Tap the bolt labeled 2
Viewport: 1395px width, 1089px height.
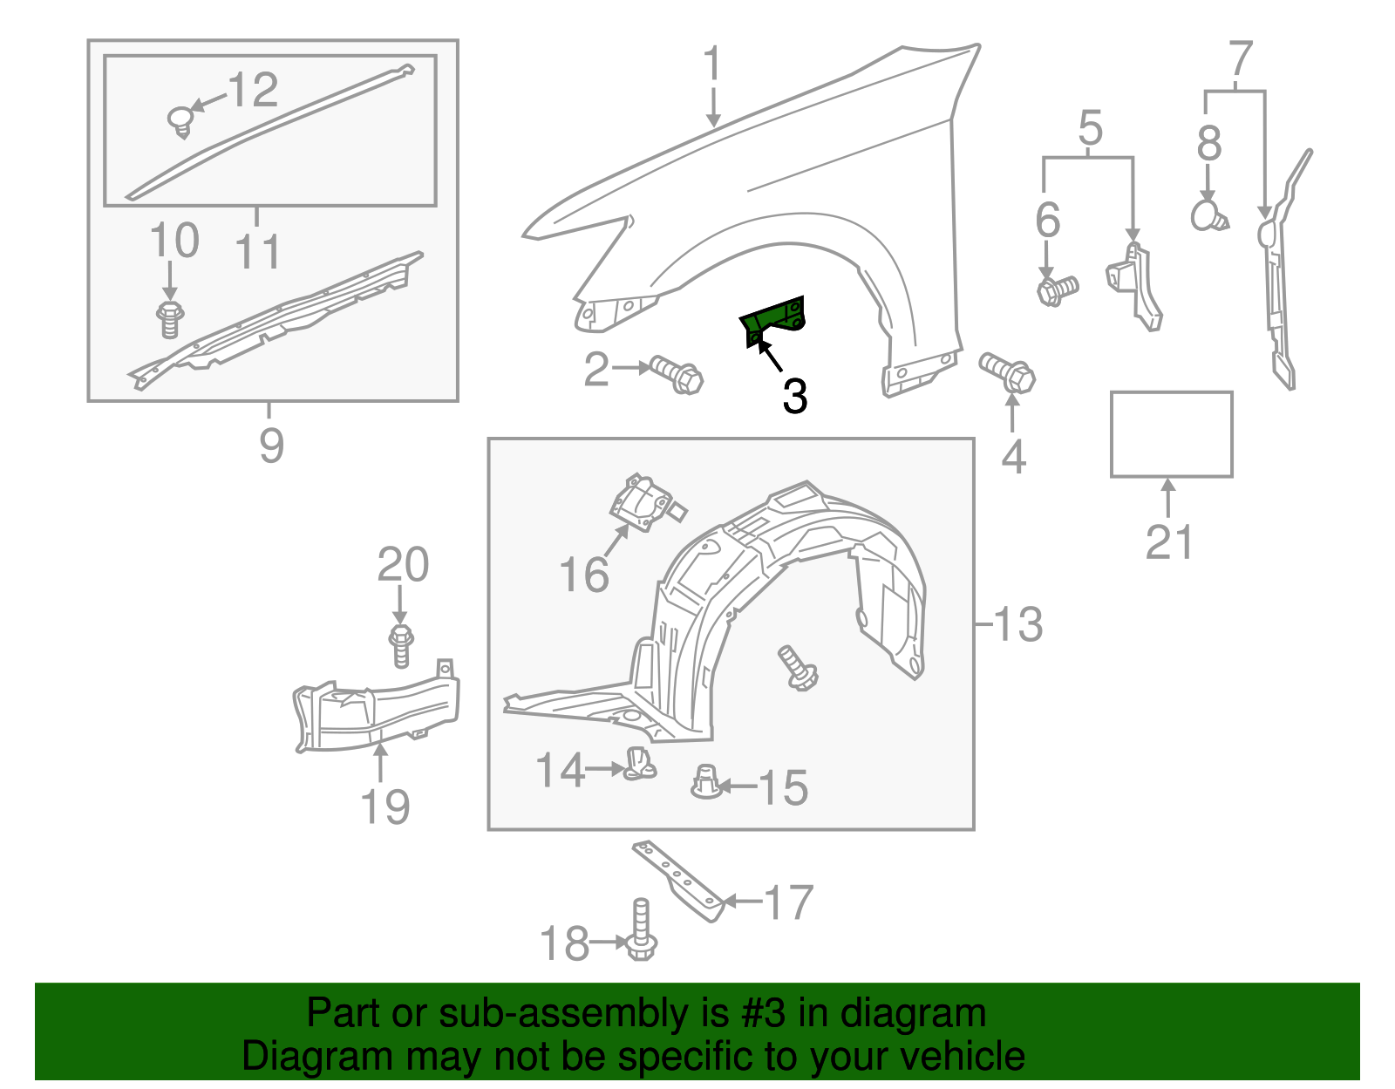point(677,374)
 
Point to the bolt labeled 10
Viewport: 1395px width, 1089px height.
point(169,318)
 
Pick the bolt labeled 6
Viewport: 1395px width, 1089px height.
point(1057,289)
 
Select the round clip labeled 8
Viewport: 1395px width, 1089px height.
point(1208,214)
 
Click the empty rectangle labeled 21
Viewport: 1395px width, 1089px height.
point(1171,434)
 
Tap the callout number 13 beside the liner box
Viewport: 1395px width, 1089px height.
point(1017,624)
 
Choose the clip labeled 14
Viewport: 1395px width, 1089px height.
point(640,764)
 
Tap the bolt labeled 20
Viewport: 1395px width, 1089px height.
point(400,646)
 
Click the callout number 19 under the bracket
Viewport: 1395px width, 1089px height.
point(385,807)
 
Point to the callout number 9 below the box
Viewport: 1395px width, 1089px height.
point(271,446)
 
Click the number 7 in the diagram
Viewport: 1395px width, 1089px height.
point(1240,59)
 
